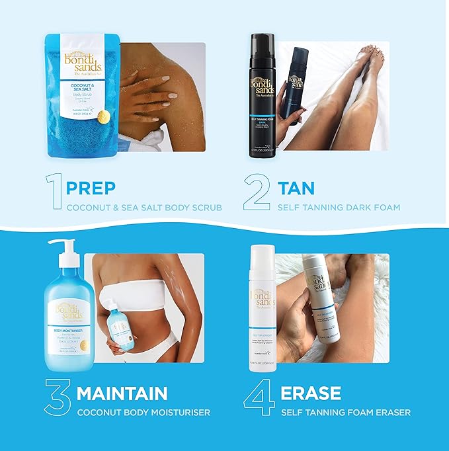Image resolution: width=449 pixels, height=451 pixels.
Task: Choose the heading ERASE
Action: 311,394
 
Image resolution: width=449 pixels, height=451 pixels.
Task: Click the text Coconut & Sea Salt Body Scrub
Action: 143,208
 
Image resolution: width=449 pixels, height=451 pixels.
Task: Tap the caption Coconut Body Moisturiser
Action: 143,413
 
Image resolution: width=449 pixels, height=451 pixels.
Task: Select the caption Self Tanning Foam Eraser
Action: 346,413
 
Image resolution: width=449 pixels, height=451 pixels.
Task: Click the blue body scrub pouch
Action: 81,93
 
